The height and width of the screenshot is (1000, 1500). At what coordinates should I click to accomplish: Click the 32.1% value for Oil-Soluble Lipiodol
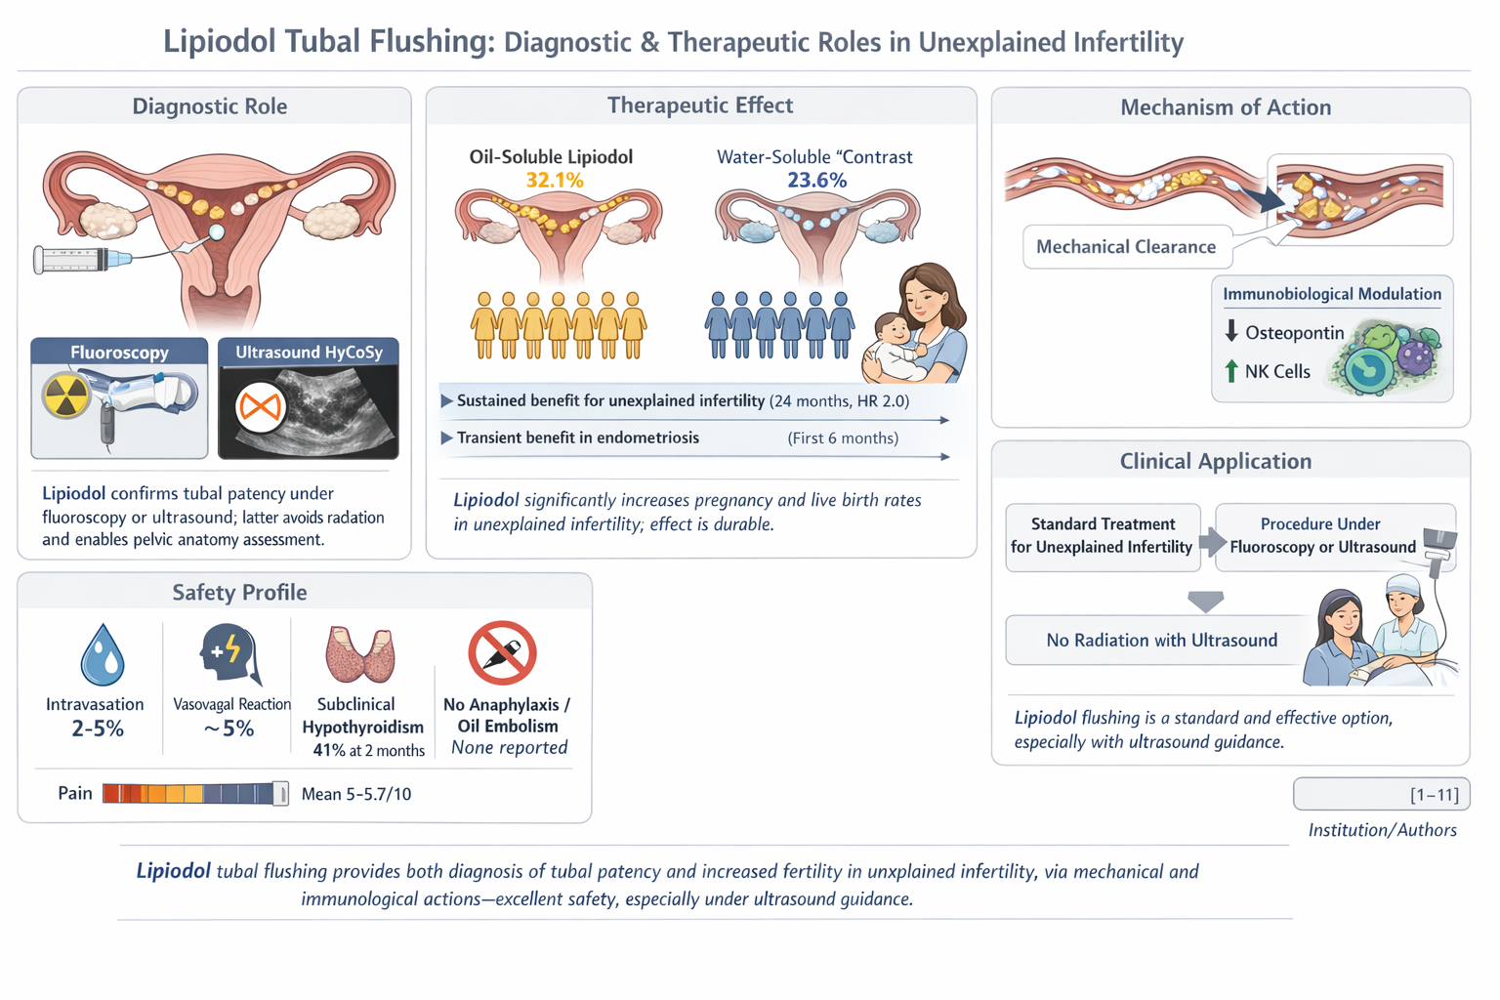click(x=554, y=181)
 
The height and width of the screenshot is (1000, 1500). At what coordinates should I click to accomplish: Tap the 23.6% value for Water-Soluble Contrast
click(x=816, y=181)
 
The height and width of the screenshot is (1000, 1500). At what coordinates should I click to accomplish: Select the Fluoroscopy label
click(x=119, y=353)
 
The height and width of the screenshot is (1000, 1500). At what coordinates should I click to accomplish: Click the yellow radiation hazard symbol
click(x=65, y=396)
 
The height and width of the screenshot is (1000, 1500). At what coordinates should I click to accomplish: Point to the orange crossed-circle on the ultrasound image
click(x=260, y=406)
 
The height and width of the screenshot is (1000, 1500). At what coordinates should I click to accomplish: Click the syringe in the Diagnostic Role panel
click(x=82, y=260)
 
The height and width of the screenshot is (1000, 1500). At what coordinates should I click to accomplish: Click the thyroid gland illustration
click(x=360, y=654)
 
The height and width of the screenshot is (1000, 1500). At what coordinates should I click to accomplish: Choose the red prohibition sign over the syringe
click(x=502, y=652)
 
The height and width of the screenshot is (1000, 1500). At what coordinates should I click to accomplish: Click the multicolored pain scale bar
click(x=194, y=793)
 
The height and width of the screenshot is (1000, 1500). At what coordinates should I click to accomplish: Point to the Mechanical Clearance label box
click(x=1126, y=247)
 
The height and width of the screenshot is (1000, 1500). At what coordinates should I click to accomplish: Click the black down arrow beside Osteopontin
click(x=1230, y=331)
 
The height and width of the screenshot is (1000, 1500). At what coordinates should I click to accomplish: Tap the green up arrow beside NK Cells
click(x=1230, y=371)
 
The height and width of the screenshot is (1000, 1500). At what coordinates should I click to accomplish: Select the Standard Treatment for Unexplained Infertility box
click(x=1102, y=535)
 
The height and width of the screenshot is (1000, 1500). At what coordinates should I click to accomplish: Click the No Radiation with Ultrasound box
click(x=1161, y=641)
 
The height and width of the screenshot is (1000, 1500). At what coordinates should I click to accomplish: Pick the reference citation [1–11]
click(x=1434, y=795)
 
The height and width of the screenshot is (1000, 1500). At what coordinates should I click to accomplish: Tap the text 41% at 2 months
click(x=368, y=750)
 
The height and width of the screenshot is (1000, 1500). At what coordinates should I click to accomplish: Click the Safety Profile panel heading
click(x=239, y=593)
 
